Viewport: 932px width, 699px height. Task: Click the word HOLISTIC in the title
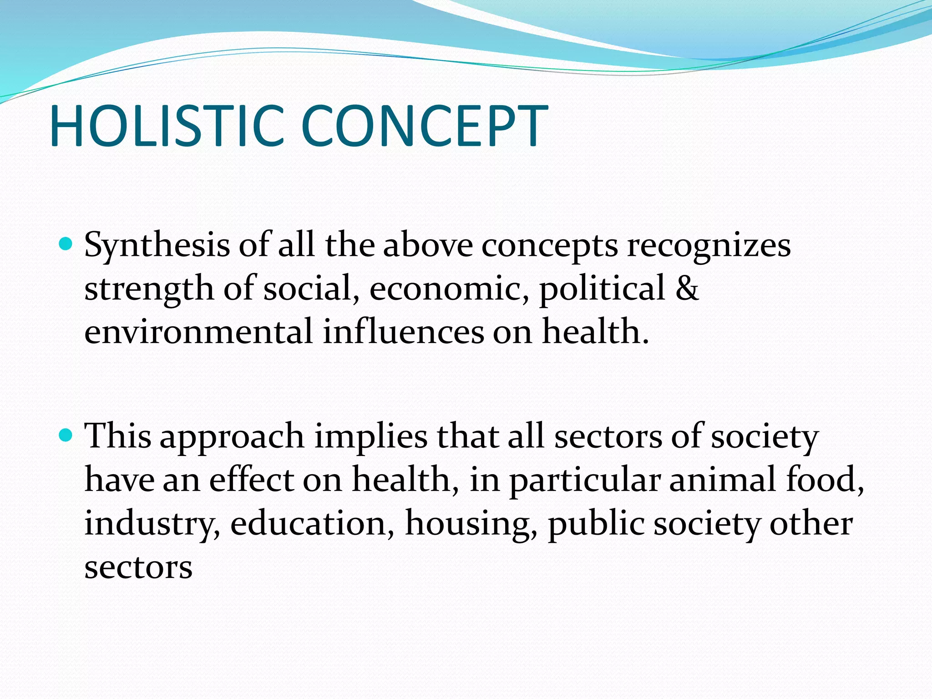(167, 126)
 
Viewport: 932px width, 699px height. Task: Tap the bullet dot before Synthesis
(66, 245)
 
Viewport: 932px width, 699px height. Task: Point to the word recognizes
(709, 246)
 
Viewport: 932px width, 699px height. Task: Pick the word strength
(149, 289)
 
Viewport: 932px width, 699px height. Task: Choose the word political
(602, 289)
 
